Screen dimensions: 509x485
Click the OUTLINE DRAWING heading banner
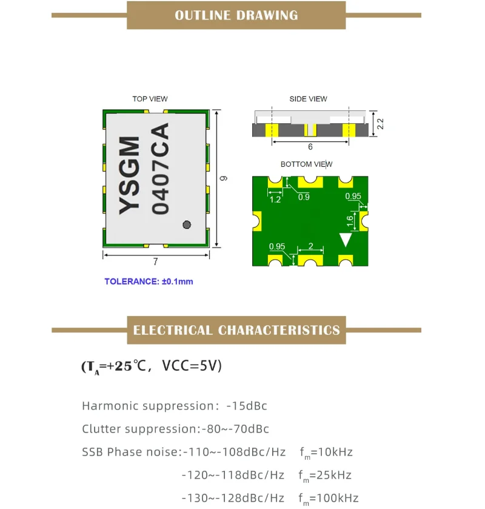coord(236,15)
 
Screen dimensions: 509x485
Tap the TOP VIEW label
coord(150,99)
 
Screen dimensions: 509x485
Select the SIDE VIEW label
coord(309,99)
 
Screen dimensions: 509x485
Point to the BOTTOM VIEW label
coord(306,164)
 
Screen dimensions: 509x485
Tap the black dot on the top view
coord(187,224)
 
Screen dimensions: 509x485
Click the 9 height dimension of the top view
coord(223,178)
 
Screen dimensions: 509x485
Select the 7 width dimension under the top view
coord(156,262)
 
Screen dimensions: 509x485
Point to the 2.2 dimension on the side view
coord(381,124)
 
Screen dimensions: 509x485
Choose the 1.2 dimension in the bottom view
coord(275,199)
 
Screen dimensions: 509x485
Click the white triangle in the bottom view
coord(346,240)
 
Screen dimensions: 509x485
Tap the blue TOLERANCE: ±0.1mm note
coord(149,281)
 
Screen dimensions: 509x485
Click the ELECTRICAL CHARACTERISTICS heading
coord(236,331)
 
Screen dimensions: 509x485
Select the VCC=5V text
coord(192,366)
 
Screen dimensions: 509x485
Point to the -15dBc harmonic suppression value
coord(247,406)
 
